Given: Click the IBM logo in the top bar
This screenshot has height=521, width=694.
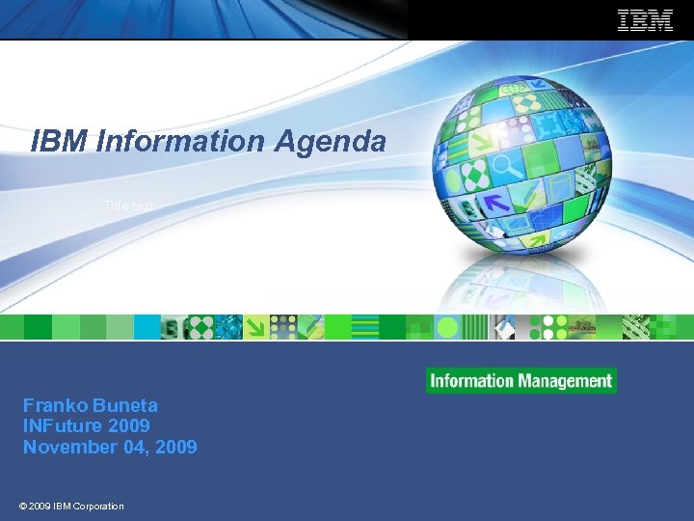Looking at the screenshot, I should [645, 20].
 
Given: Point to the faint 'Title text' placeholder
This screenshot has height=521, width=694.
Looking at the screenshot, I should [128, 206].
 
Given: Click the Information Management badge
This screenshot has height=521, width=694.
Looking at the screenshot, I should [521, 380].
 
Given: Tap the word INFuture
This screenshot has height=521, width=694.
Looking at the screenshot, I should [63, 425].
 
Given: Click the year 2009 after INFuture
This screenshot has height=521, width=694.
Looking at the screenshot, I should [129, 425].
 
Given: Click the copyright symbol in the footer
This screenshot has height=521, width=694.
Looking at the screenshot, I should [22, 506].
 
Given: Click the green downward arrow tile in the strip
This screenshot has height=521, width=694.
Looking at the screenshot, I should [256, 327].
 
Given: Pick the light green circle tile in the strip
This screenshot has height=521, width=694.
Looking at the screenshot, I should [446, 328].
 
